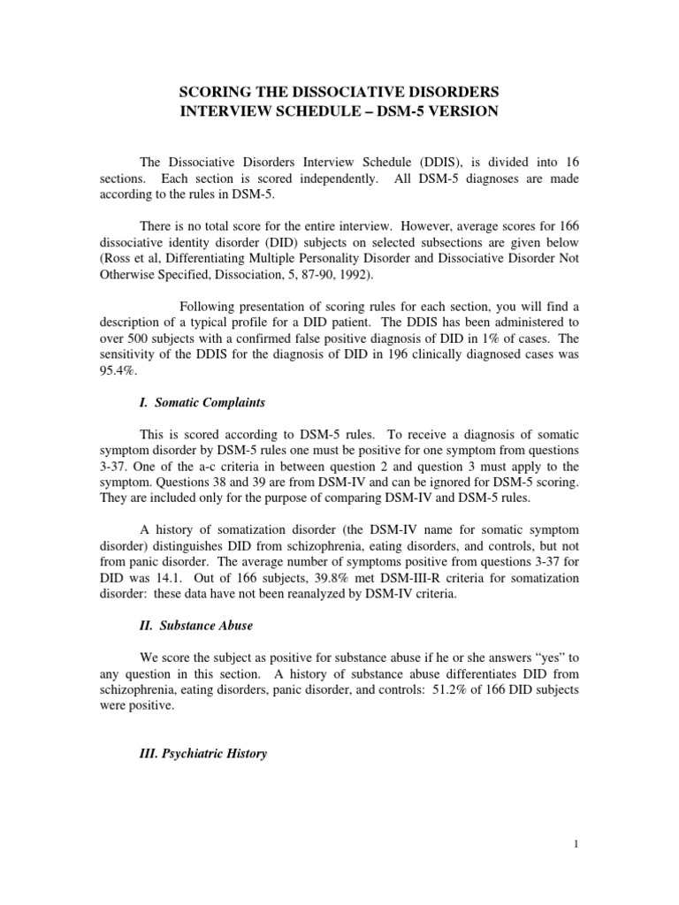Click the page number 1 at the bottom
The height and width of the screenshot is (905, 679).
point(576,869)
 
